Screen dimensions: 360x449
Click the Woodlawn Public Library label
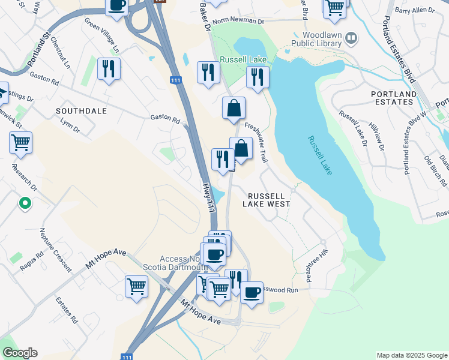316,39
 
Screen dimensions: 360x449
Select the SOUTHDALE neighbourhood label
81,111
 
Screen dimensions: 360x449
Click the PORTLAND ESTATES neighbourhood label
394,98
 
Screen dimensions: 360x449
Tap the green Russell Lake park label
243,59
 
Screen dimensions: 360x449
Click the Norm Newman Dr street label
238,21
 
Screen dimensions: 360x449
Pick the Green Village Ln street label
102,35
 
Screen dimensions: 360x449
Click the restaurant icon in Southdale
109,69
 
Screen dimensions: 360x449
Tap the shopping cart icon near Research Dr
20,143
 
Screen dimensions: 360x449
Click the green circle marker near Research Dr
25,204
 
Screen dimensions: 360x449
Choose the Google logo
20,353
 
